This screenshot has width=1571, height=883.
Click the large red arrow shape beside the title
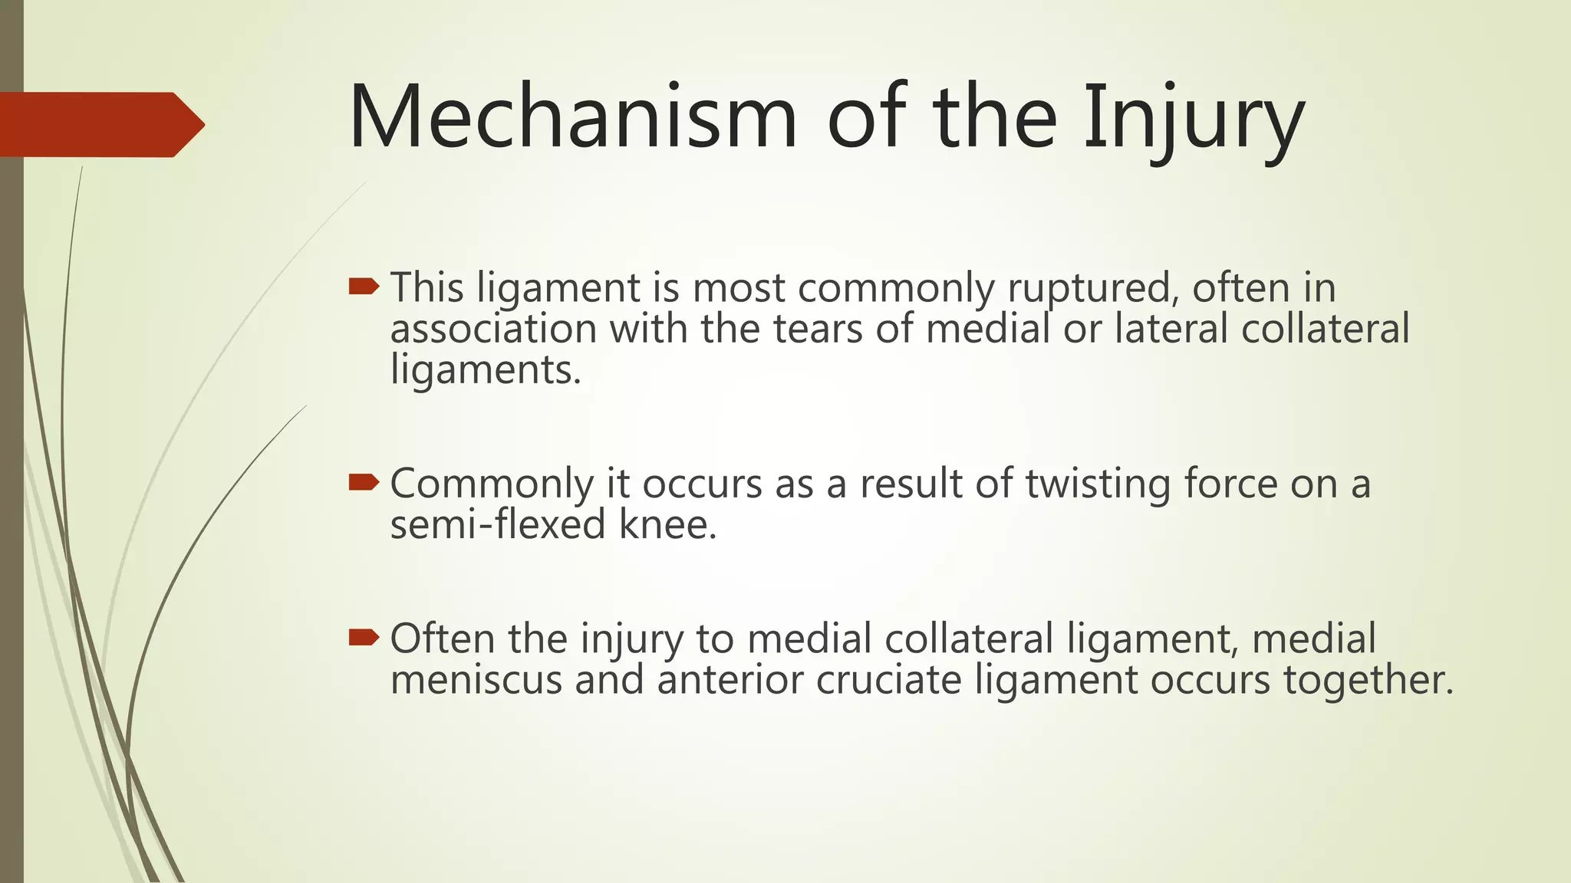(100, 124)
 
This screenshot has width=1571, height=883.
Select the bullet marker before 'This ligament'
(364, 287)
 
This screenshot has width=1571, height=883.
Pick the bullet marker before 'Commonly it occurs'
(364, 482)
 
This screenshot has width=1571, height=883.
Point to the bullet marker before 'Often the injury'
(364, 637)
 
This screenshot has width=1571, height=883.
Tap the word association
(493, 329)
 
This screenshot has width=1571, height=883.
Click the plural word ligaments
(485, 371)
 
